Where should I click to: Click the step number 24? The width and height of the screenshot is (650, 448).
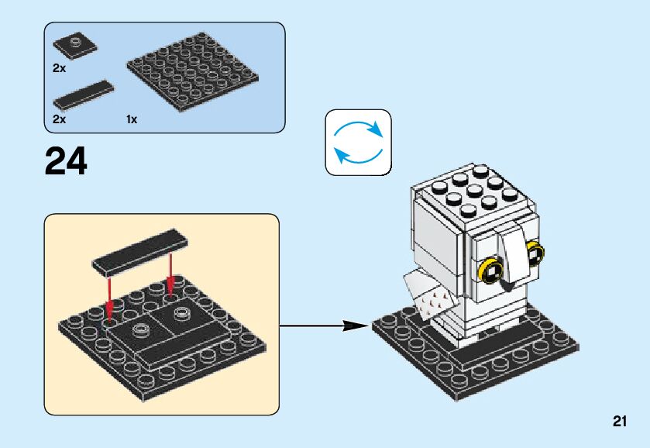pos(67,161)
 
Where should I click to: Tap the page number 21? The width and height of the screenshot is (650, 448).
pos(618,422)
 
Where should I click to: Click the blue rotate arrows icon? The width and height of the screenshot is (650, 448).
pos(358,142)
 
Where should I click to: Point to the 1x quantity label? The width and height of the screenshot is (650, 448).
pos(132,119)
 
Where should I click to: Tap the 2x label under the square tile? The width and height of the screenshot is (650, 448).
pos(60,68)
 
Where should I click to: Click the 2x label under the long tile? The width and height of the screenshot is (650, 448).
pos(60,119)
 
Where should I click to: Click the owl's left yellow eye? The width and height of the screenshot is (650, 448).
pos(491,271)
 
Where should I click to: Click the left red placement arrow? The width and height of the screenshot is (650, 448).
pos(110,298)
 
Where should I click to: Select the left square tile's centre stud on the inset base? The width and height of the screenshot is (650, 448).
pos(141,330)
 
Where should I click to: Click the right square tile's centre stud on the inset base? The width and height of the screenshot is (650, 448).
pos(183,312)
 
